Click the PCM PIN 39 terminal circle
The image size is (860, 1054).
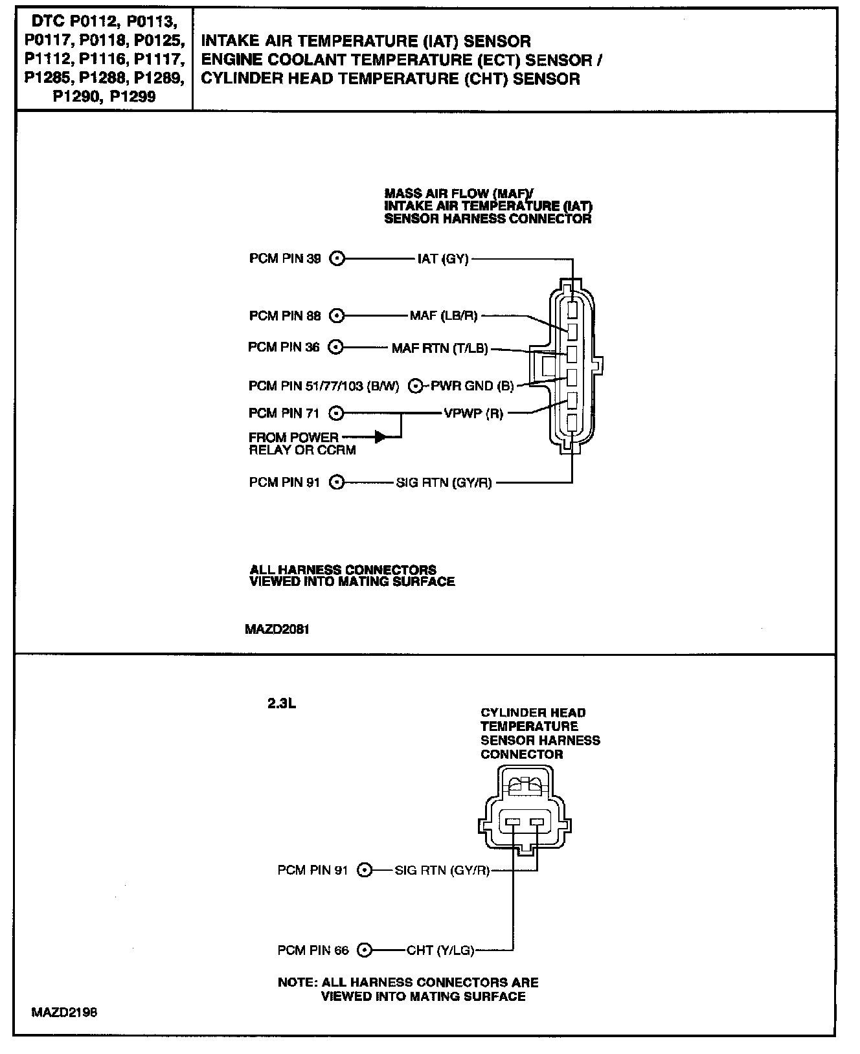[x=337, y=259]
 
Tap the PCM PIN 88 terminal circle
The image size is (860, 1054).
[x=337, y=316]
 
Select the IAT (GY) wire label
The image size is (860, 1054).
[x=443, y=259]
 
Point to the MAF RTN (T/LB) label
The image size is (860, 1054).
[x=439, y=348]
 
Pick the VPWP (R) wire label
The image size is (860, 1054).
[x=473, y=413]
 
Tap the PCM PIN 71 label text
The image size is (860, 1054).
[x=284, y=413]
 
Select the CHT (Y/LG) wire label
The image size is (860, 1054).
[x=440, y=950]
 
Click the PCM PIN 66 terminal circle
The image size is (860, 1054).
[x=365, y=950]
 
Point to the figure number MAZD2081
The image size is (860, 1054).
[x=277, y=629]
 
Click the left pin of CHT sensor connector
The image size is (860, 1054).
[x=513, y=822]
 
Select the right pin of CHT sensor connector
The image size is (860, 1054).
[x=537, y=822]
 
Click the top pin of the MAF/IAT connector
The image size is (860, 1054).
[x=572, y=309]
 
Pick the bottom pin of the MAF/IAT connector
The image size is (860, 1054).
[x=572, y=423]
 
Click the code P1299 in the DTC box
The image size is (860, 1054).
[x=133, y=97]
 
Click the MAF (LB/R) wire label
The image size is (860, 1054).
[x=444, y=316]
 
